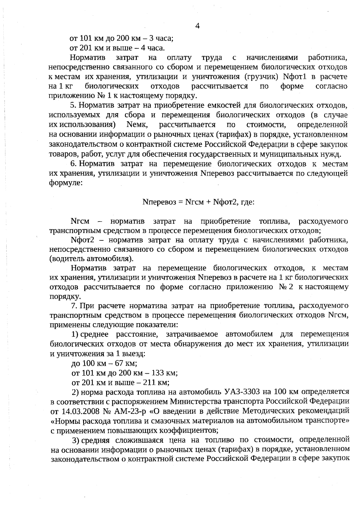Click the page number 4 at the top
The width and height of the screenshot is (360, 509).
[x=197, y=26]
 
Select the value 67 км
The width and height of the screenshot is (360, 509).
[x=124, y=363]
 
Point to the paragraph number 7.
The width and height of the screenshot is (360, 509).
[x=74, y=306]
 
